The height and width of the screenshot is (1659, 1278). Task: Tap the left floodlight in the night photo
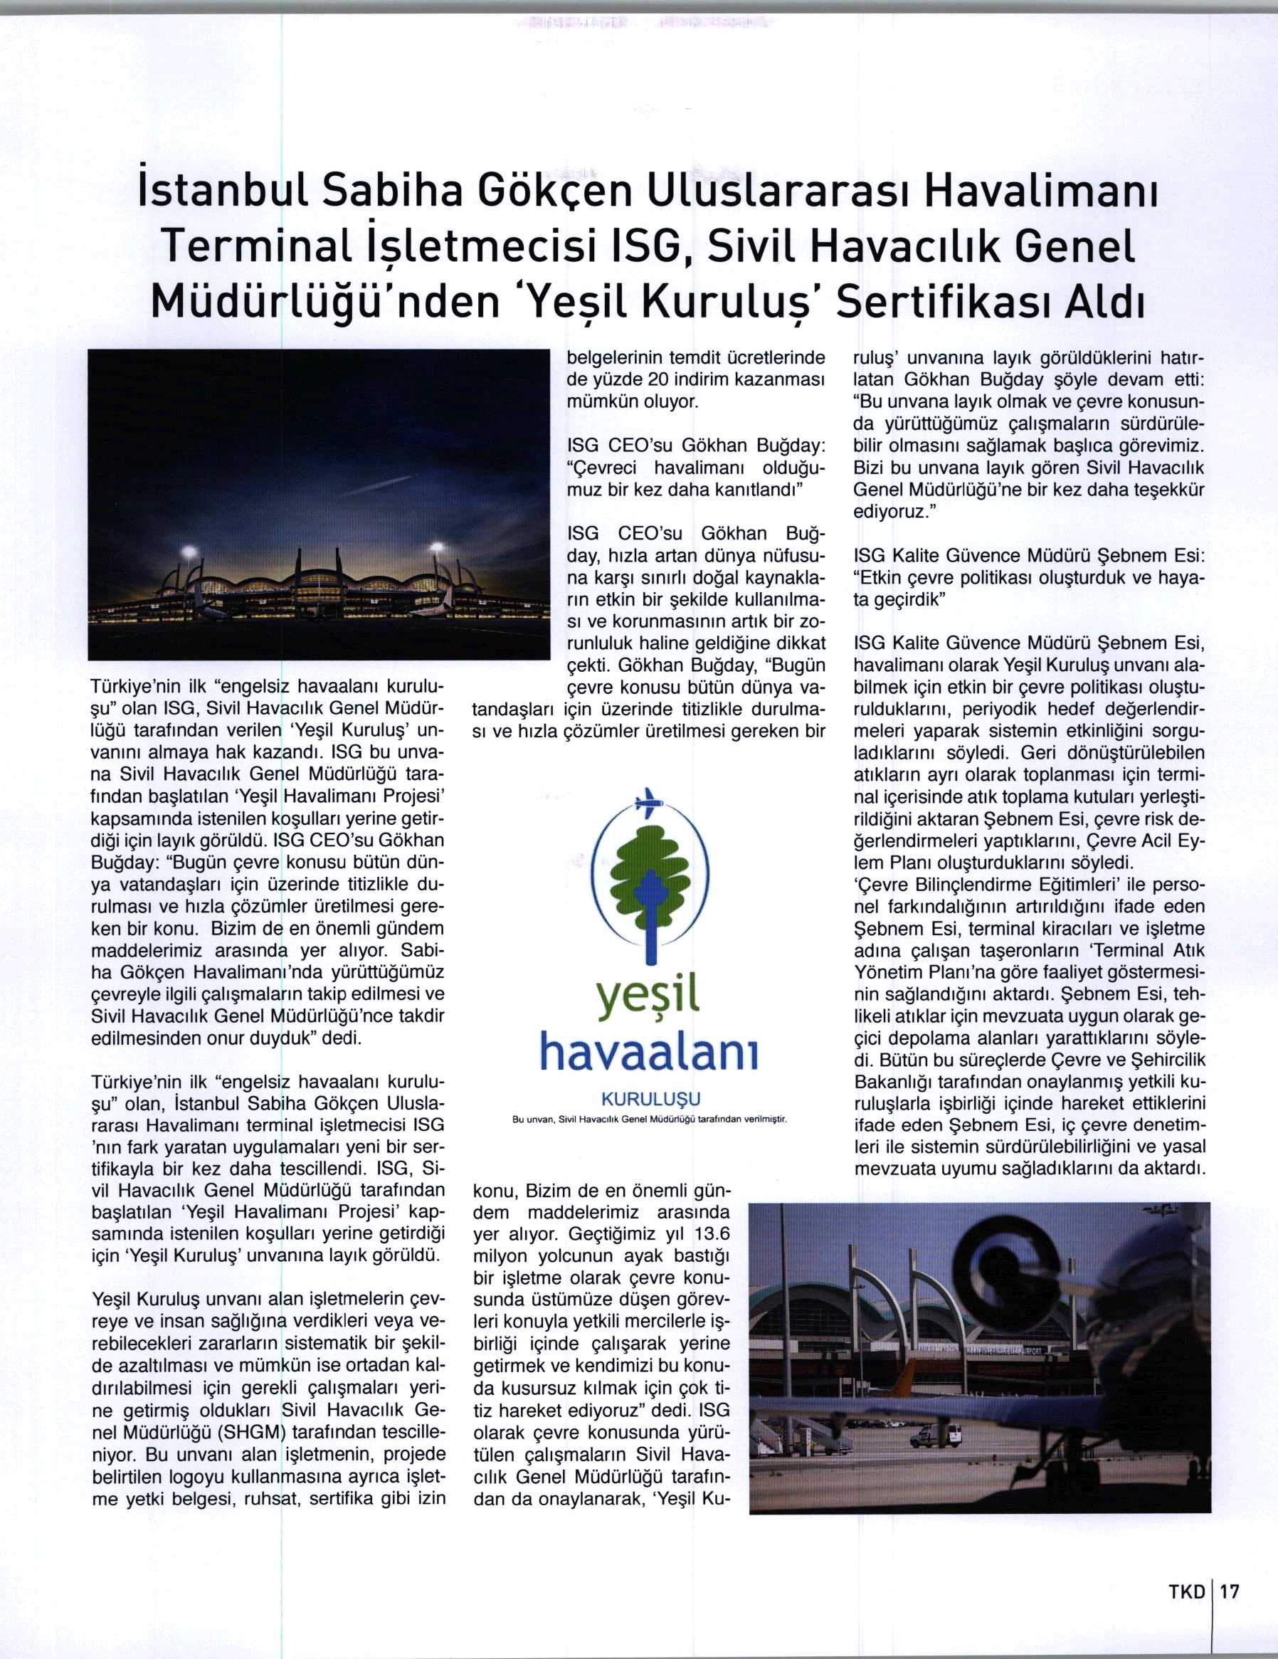pyautogui.click(x=190, y=552)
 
